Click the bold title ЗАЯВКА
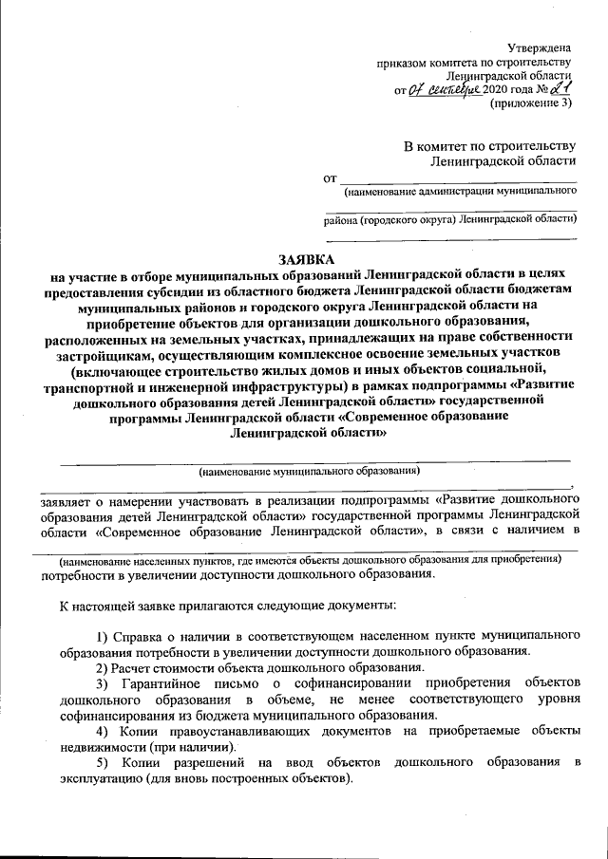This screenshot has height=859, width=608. (x=307, y=258)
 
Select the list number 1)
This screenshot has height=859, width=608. (x=105, y=635)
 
